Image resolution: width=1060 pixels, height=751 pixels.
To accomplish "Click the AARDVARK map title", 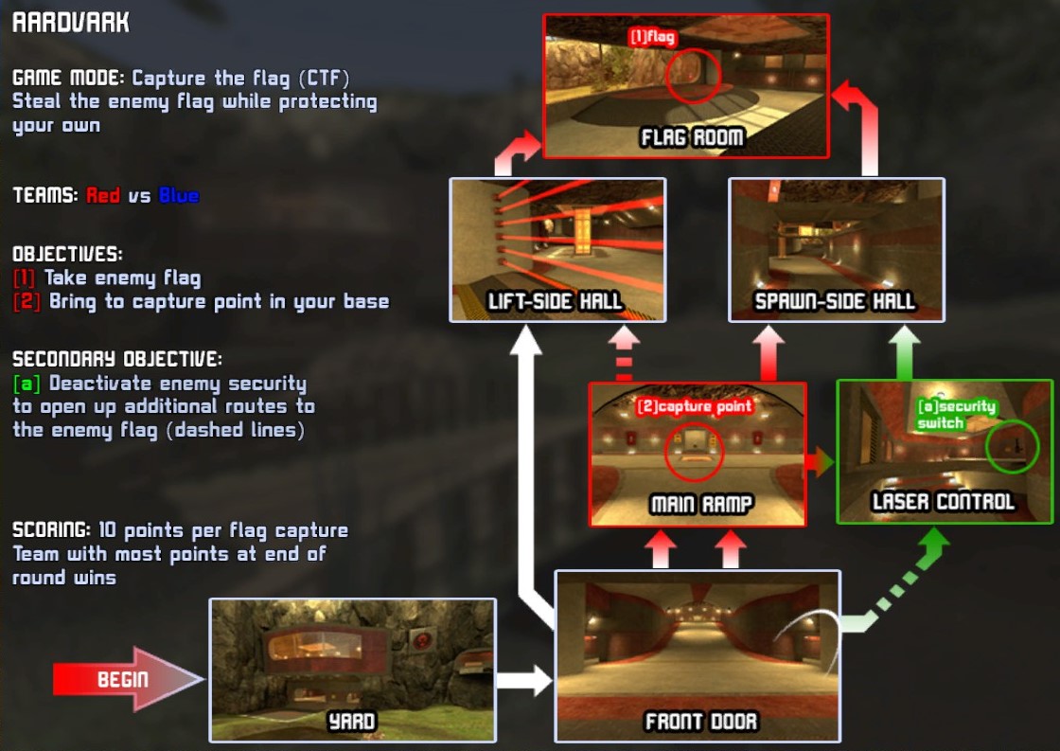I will click(x=71, y=23).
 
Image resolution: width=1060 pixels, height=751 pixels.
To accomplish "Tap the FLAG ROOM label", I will click(x=692, y=138).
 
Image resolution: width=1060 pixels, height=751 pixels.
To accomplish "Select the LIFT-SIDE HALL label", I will click(x=555, y=302).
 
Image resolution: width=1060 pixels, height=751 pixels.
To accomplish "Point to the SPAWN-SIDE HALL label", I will click(x=835, y=302).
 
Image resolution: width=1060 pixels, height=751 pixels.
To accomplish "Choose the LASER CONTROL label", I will click(x=943, y=502).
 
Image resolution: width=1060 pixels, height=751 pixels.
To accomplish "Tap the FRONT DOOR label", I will click(x=700, y=723).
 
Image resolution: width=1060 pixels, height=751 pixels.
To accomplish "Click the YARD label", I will click(x=351, y=723).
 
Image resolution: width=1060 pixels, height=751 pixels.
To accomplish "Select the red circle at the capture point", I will click(x=694, y=451).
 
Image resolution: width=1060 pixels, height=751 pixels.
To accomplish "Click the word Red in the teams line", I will click(x=103, y=196).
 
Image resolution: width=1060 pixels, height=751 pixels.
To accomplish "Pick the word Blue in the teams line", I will click(x=179, y=196).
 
